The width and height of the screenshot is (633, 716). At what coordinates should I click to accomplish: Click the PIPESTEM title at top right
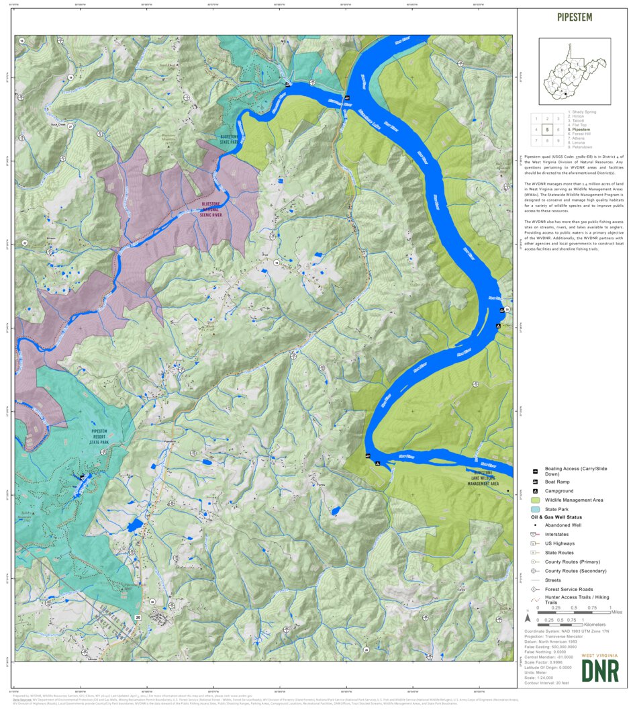click(574, 17)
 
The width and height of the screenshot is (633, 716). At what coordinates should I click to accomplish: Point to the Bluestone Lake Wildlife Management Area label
click(483, 478)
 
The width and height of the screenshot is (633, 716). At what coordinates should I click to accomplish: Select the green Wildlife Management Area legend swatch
click(535, 500)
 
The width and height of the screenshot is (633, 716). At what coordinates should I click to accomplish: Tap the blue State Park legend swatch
click(535, 510)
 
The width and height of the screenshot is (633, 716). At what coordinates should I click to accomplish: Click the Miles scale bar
click(574, 613)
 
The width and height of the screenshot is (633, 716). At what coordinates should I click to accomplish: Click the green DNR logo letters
click(600, 670)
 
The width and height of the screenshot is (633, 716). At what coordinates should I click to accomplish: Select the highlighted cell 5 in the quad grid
click(548, 130)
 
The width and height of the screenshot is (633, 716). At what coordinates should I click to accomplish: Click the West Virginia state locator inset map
click(575, 71)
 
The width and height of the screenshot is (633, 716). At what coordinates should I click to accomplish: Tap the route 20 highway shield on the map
click(138, 617)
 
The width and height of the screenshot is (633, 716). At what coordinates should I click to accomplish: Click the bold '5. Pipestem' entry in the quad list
click(579, 129)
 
